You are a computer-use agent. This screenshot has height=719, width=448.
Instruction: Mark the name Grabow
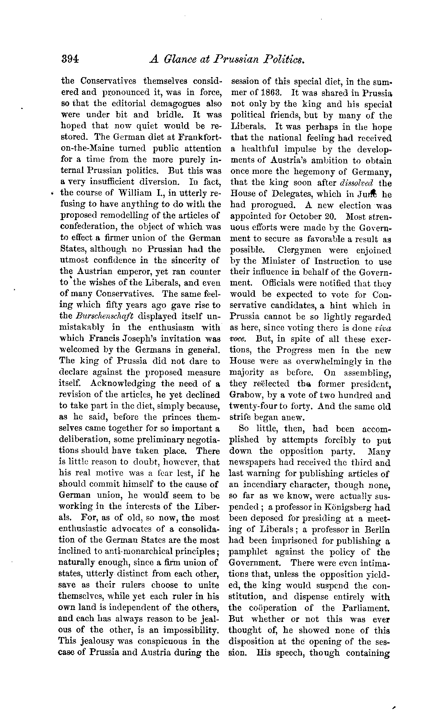tap(244, 395)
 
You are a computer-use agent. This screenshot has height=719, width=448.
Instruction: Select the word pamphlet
tap(246, 552)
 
